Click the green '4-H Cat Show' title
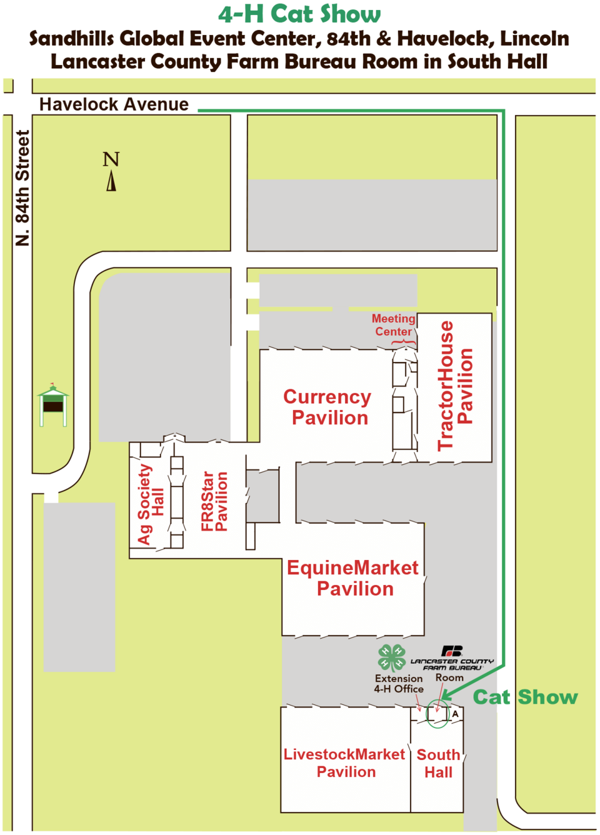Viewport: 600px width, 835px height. click(x=299, y=14)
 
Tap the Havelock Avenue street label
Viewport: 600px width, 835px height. click(x=114, y=104)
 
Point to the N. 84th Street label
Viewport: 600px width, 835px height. click(x=22, y=187)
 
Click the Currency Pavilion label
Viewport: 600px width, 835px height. click(x=328, y=407)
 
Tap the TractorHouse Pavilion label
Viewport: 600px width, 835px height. click(x=455, y=386)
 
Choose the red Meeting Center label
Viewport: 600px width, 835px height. click(x=394, y=326)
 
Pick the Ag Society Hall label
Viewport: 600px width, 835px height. click(x=151, y=504)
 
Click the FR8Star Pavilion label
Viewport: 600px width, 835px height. click(x=214, y=501)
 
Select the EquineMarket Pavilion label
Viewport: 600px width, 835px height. click(x=353, y=577)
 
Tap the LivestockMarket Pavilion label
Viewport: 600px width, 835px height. click(x=344, y=762)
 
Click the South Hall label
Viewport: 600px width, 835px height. click(x=438, y=763)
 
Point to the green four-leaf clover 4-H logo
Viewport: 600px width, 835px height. click(x=391, y=658)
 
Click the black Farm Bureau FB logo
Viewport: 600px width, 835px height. click(x=452, y=651)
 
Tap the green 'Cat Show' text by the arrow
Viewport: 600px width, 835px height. click(x=525, y=697)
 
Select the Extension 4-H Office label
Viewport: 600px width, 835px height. click(x=399, y=683)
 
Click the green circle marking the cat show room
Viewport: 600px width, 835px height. click(x=437, y=714)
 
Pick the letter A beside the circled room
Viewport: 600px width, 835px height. click(x=456, y=713)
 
